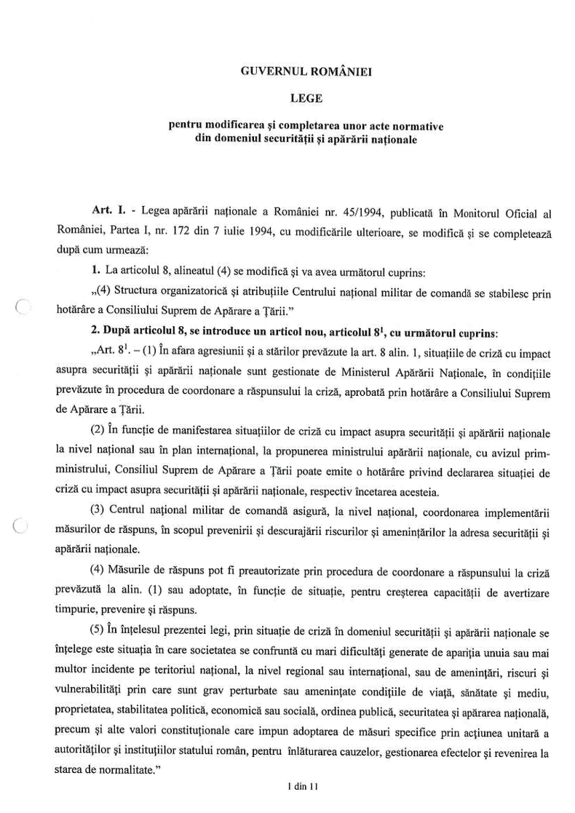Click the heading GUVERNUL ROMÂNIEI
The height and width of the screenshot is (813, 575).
295,71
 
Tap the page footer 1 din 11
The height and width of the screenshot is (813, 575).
294,786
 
